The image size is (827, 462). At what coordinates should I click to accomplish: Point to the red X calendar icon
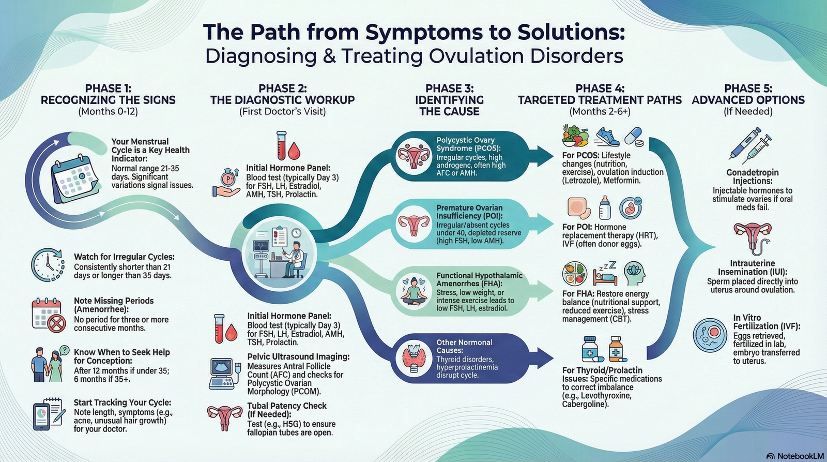coord(49,315)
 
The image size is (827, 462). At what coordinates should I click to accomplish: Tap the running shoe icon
coord(608,137)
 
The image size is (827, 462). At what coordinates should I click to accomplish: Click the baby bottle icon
coord(604,207)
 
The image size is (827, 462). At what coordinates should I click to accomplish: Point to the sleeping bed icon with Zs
coord(605,274)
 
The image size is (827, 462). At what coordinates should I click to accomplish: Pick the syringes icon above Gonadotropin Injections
coord(750,145)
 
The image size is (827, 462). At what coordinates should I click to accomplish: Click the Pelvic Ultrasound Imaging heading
coord(298,356)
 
